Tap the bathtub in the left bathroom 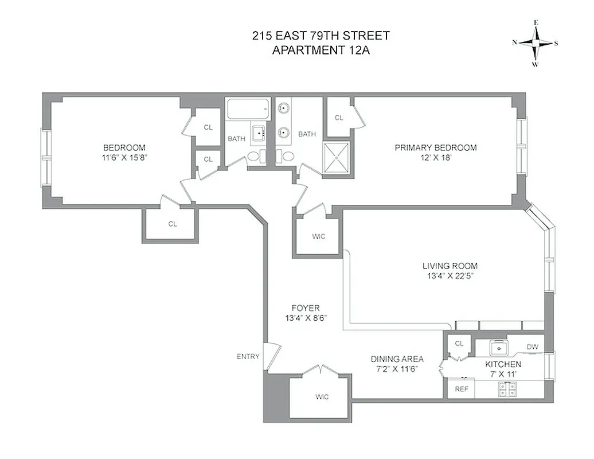coord(248,108)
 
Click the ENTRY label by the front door coord(248,356)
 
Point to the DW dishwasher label coord(532,347)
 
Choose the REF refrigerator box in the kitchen coord(462,389)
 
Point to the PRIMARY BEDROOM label coord(435,147)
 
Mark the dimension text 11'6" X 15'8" coord(124,157)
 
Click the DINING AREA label coord(397,359)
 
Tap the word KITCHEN coord(503,364)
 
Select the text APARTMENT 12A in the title coord(321,50)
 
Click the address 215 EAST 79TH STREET coord(321,36)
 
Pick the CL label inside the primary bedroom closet coord(339,118)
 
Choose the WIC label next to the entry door coord(322,397)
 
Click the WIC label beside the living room coord(318,236)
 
